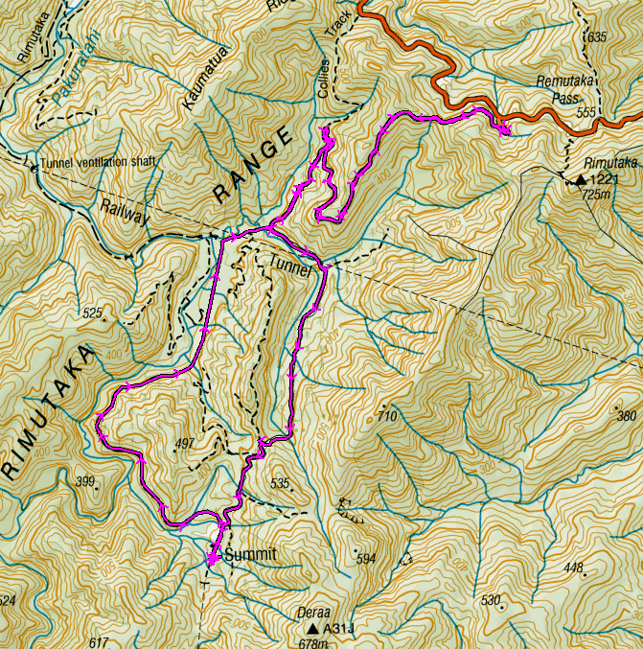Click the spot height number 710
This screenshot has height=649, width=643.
click(x=386, y=416)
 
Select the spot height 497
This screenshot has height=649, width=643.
click(x=186, y=443)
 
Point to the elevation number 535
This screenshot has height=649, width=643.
click(x=280, y=483)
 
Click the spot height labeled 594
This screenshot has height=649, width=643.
click(x=366, y=558)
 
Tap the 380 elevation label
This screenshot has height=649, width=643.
click(x=626, y=416)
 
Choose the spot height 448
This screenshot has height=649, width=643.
click(x=573, y=568)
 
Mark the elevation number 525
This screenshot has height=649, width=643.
click(x=92, y=313)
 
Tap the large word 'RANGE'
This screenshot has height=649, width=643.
click(x=252, y=169)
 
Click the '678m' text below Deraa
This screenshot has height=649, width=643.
click(x=312, y=643)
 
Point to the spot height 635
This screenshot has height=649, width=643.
click(x=597, y=37)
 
